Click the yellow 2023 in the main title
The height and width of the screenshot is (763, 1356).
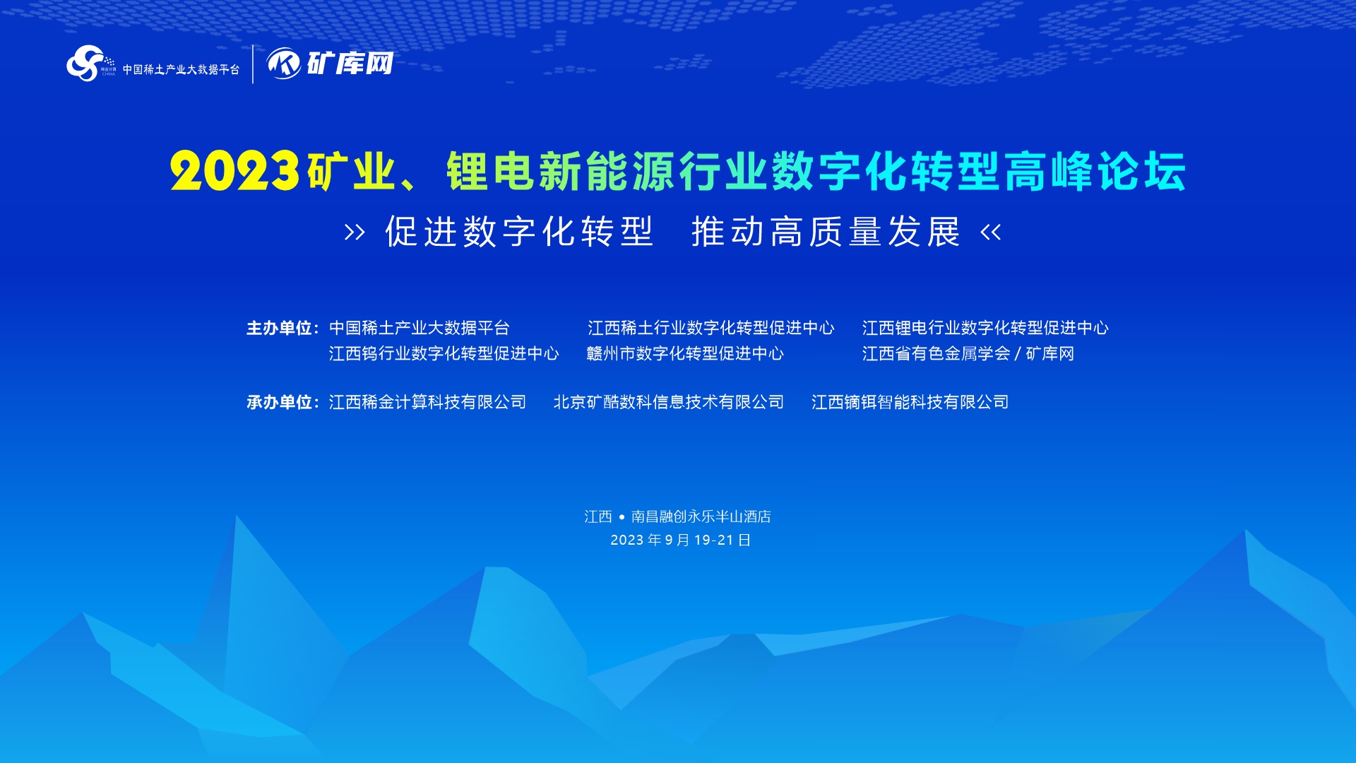tap(234, 172)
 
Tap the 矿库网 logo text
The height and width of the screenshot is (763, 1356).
tap(350, 64)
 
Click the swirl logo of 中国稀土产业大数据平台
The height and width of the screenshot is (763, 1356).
tap(86, 63)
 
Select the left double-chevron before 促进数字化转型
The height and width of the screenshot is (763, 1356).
tap(355, 232)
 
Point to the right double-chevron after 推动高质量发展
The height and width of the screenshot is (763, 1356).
tap(991, 232)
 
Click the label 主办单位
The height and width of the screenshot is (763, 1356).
tap(279, 328)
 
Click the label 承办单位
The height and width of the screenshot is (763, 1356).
tap(279, 402)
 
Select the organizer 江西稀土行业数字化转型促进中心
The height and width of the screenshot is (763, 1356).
tap(711, 328)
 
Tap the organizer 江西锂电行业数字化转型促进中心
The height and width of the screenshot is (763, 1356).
tap(985, 328)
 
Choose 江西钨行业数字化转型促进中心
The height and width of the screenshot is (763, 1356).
tap(444, 353)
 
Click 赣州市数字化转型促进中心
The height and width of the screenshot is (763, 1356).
tap(685, 353)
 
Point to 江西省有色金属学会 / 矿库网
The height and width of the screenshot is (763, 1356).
tap(968, 353)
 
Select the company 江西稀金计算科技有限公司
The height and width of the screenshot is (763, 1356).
tap(427, 402)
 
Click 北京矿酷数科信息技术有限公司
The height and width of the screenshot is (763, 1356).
tap(669, 402)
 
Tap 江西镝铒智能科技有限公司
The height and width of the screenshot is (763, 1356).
tap(910, 402)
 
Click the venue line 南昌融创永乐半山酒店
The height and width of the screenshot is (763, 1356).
tap(701, 516)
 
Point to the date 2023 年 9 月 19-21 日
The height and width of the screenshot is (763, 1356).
tap(680, 540)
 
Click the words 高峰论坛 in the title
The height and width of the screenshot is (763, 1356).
tap(1095, 172)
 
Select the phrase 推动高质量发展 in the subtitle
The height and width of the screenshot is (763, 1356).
tap(826, 232)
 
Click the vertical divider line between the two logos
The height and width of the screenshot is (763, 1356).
tap(253, 64)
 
